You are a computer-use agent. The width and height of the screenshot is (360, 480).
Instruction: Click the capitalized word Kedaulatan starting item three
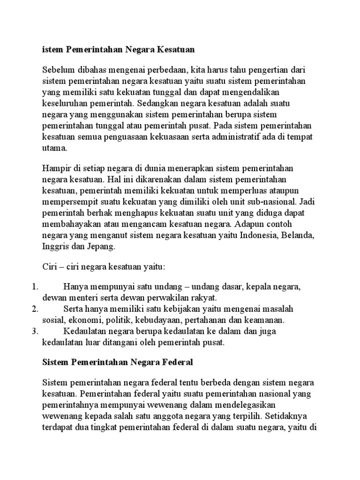[x=83, y=331]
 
